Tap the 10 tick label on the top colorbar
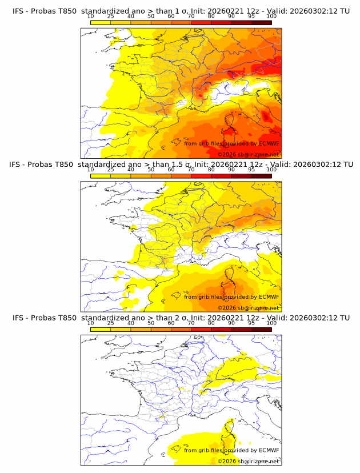coord(90,17)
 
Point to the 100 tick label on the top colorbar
coord(271,17)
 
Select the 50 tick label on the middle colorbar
coord(151,170)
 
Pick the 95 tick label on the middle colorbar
coord(251,170)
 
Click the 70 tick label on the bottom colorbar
coord(191,323)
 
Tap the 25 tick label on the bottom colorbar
coord(110,323)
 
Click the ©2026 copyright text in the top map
coord(227,155)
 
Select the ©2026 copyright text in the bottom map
coord(227,461)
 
